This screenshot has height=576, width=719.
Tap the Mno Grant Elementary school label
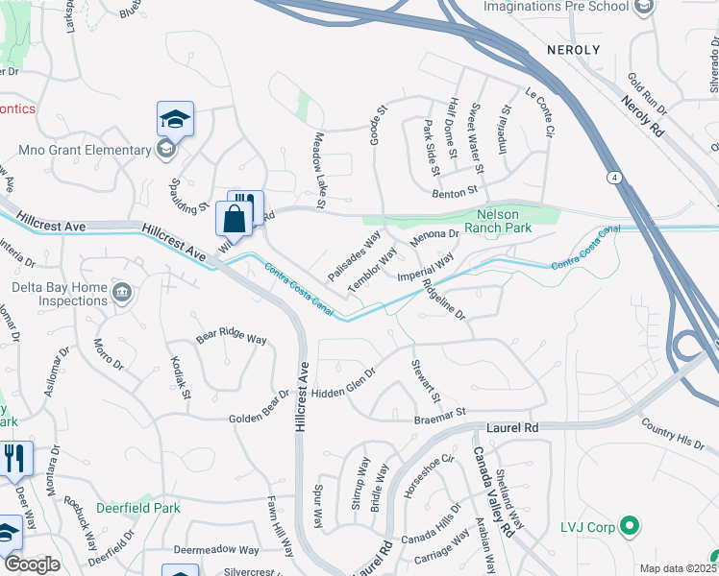(87, 150)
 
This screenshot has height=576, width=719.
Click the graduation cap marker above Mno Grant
(175, 119)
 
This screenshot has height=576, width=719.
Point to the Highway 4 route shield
(612, 178)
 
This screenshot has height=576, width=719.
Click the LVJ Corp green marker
(630, 525)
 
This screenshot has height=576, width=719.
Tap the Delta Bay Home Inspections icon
(122, 292)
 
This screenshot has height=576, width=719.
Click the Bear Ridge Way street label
(231, 339)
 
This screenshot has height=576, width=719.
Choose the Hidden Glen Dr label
(342, 385)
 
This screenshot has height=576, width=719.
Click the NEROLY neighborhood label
(573, 49)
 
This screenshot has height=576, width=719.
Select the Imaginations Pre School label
(556, 7)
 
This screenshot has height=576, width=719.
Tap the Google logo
(32, 564)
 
